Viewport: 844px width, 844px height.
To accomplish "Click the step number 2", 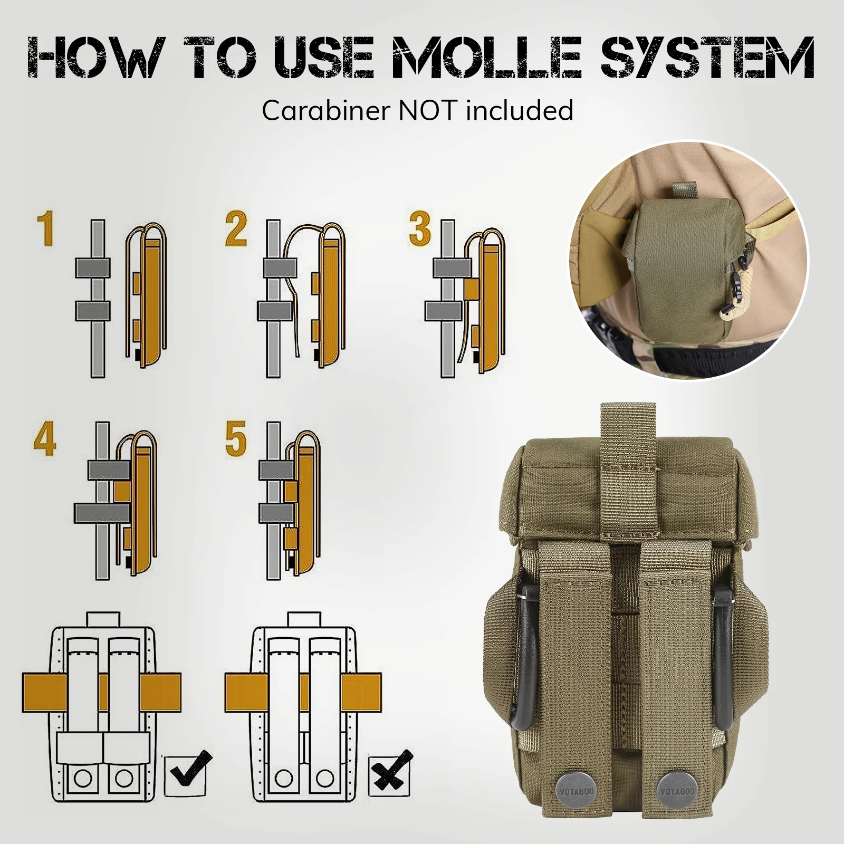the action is [x=236, y=228].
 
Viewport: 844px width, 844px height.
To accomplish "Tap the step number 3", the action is [x=420, y=228].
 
